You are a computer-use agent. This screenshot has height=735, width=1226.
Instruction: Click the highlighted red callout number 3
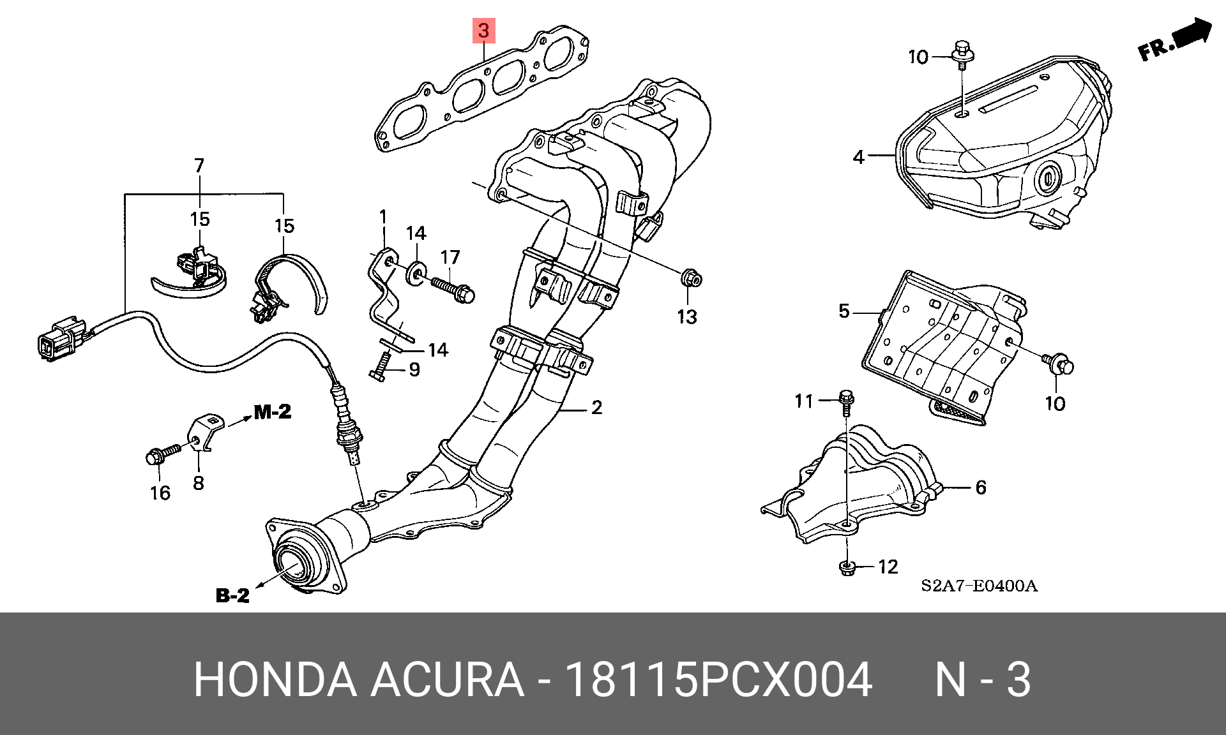click(x=483, y=30)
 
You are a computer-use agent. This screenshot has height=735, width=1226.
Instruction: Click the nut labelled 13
click(x=690, y=279)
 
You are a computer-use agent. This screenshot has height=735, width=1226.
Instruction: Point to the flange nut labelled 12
click(x=845, y=567)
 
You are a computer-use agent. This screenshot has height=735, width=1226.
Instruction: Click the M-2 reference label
click(x=272, y=412)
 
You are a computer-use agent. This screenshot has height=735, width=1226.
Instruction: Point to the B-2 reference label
click(x=232, y=595)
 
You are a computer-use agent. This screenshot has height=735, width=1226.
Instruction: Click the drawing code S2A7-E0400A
click(x=979, y=586)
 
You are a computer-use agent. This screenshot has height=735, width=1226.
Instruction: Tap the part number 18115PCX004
click(x=719, y=680)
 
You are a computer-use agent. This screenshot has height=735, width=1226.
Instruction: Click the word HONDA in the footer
click(x=275, y=680)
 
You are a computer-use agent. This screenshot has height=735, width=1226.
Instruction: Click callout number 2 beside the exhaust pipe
click(x=596, y=407)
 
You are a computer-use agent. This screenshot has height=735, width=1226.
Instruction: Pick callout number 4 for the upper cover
click(x=858, y=156)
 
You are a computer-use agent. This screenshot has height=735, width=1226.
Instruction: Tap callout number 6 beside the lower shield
click(x=980, y=487)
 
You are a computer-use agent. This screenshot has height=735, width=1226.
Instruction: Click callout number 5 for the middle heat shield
click(x=844, y=311)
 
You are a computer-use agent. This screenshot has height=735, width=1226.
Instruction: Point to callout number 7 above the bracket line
click(x=199, y=166)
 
